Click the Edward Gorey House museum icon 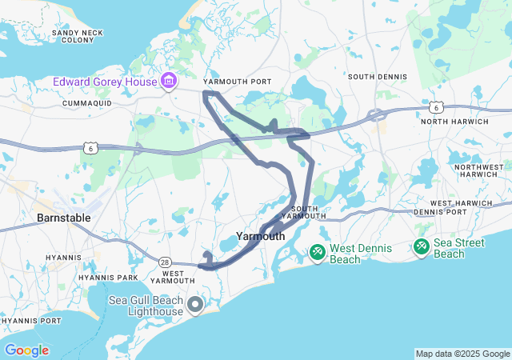pyautogui.click(x=169, y=81)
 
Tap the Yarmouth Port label pyautogui.click(x=238, y=82)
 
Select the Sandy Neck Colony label pyautogui.click(x=73, y=36)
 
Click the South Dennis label pyautogui.click(x=377, y=77)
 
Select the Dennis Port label pyautogui.click(x=440, y=212)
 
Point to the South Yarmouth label pyautogui.click(x=301, y=212)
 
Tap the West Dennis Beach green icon pyautogui.click(x=318, y=253)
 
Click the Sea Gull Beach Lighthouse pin pyautogui.click(x=195, y=304)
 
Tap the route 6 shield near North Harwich pyautogui.click(x=435, y=106)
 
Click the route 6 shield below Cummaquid pyautogui.click(x=92, y=147)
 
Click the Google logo pyautogui.click(x=26, y=350)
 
